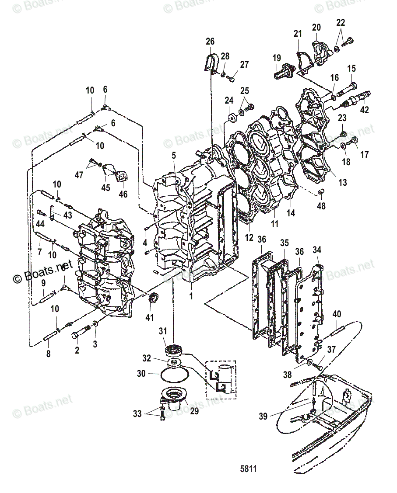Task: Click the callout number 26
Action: click(210, 42)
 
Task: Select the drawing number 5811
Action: click(248, 469)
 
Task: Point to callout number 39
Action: click(263, 417)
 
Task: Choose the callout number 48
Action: click(321, 205)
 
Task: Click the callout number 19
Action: click(277, 58)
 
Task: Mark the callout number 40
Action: click(337, 313)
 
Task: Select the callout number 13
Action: click(343, 182)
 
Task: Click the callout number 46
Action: click(123, 194)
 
